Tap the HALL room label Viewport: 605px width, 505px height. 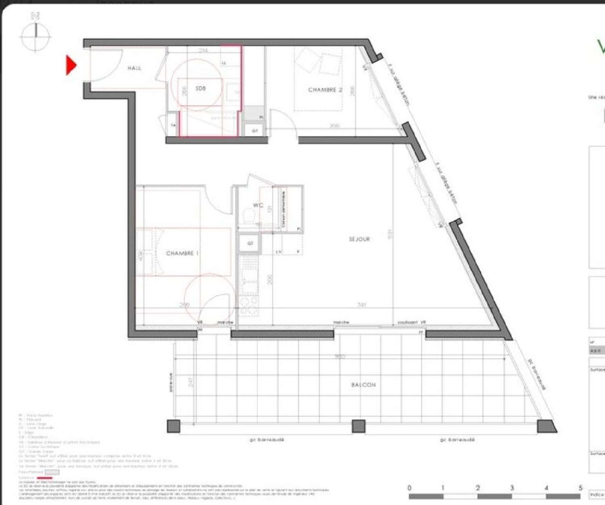pos(134,69)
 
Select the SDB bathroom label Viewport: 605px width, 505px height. pos(200,88)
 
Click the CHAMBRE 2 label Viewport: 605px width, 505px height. pos(325,90)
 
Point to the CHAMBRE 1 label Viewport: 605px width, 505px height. pos(182,254)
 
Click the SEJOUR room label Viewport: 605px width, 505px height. pos(359,239)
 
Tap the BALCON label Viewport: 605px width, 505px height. pos(363,385)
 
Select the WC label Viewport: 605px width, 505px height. pos(258,206)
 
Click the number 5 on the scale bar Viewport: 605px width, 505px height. pos(580,488)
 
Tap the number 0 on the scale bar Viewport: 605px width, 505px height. pos(410,488)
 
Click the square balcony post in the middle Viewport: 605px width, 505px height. pos(358,426)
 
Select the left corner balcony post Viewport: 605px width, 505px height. pos(173,426)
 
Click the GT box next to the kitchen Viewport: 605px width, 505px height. pos(250,243)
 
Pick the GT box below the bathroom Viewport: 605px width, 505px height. pos(255,131)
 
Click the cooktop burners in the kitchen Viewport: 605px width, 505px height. pos(249,306)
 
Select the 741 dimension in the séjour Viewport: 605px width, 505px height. pos(362,305)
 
